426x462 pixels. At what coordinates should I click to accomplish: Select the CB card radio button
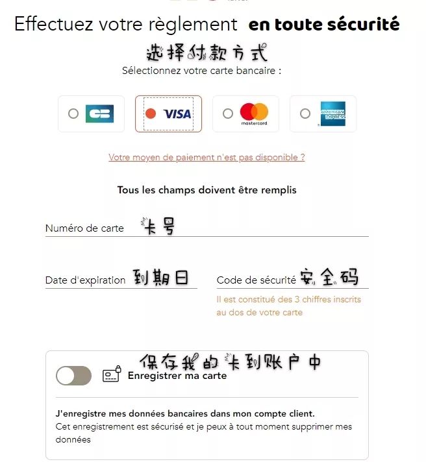[x=73, y=114]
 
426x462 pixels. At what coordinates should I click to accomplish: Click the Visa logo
[x=177, y=114]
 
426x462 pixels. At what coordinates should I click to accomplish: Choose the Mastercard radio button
[x=227, y=114]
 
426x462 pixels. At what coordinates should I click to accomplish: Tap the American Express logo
[x=333, y=114]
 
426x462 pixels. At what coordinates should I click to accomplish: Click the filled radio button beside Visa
[x=151, y=114]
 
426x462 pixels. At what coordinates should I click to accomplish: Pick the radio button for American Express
[x=305, y=114]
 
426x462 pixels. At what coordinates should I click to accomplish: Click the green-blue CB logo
[x=99, y=114]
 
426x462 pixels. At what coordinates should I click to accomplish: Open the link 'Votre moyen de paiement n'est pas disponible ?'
[x=207, y=157]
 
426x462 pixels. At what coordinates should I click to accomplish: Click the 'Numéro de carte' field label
[x=84, y=228]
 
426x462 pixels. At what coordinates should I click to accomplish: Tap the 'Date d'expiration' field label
[x=86, y=280]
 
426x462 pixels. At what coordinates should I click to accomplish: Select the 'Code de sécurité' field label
[x=257, y=280]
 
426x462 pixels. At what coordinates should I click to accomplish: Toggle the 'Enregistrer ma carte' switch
[x=73, y=376]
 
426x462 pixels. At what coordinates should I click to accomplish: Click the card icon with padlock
[x=112, y=374]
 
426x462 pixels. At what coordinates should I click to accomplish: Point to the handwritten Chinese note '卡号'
[x=158, y=226]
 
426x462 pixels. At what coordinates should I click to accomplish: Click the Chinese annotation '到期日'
[x=160, y=277]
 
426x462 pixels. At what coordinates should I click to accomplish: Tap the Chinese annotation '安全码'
[x=329, y=276]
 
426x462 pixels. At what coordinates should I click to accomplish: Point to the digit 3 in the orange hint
[x=297, y=299]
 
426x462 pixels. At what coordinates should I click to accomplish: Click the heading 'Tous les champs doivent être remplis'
[x=207, y=190]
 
